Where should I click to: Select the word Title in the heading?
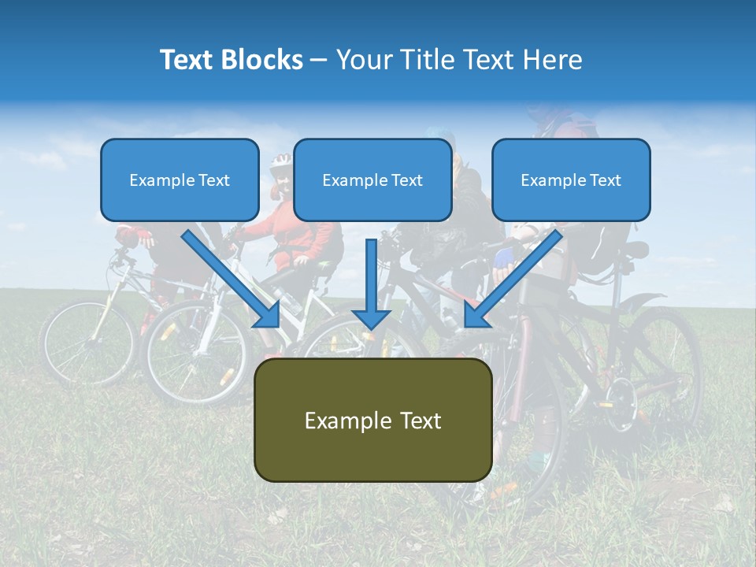tap(428, 60)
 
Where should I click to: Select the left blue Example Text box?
tap(180, 180)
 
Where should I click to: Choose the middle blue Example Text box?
tap(372, 180)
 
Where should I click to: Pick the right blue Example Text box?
tap(571, 180)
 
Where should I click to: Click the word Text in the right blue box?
tap(604, 180)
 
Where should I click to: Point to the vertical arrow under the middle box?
tap(371, 283)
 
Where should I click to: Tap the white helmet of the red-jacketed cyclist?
tap(280, 163)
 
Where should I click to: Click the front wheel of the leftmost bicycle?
tap(88, 343)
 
